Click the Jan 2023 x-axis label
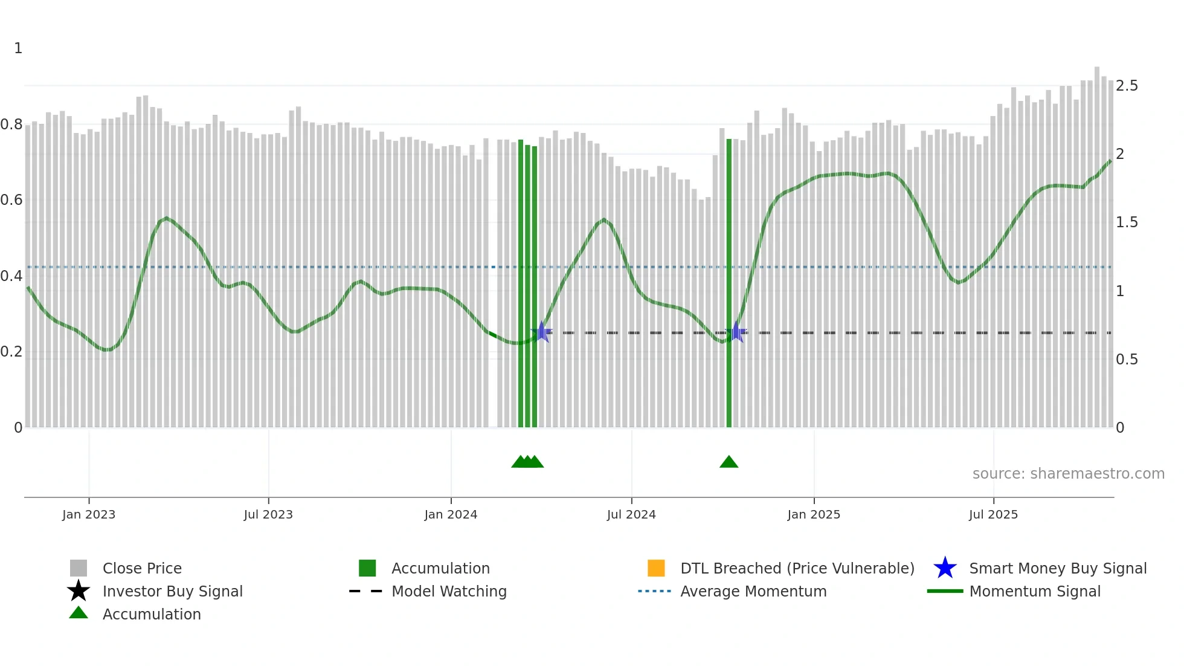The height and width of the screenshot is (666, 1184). coord(88,514)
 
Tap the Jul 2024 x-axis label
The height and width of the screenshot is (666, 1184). coord(631,514)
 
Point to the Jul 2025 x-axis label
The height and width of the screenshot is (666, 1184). coord(993,514)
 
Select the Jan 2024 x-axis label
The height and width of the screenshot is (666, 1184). coord(451,514)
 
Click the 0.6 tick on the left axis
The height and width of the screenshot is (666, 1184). coord(11,200)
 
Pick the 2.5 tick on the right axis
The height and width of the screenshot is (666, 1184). coord(1127,86)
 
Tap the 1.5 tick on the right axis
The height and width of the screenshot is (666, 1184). coord(1127,222)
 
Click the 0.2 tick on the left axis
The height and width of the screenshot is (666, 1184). coord(11,352)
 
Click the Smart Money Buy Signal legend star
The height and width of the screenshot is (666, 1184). coord(945,568)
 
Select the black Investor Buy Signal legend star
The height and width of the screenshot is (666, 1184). coord(79,591)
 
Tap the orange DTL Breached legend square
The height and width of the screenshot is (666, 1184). coord(656,568)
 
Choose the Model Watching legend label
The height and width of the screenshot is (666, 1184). coord(449,591)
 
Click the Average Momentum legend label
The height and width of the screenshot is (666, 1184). coord(753,591)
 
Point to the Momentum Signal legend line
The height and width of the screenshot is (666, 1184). coord(945,591)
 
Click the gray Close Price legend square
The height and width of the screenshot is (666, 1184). coord(79,568)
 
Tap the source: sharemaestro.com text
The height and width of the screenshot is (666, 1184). coord(1068,474)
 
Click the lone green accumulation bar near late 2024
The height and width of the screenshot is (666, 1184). coord(729,284)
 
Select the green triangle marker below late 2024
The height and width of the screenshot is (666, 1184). coord(729,462)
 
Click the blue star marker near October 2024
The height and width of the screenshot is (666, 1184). coord(736,332)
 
